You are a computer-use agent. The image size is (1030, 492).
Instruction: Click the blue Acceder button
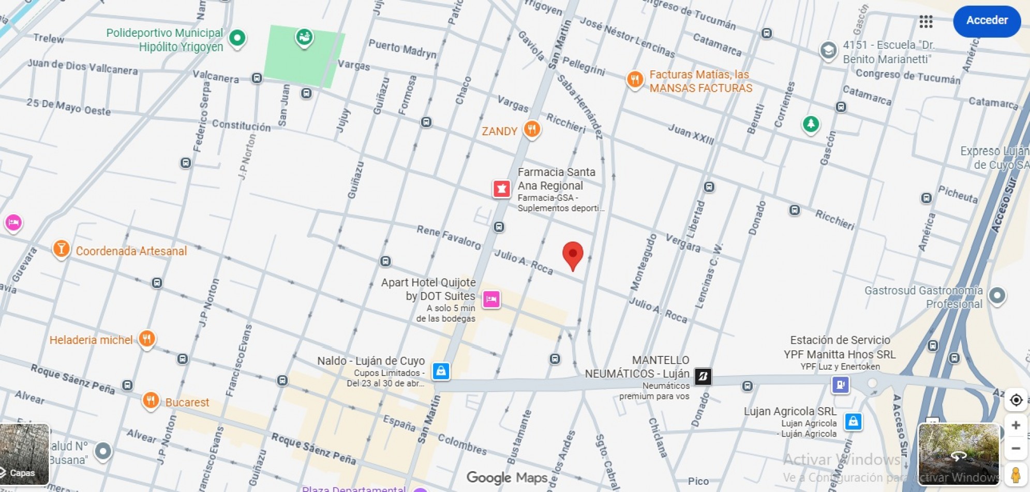tap(987, 21)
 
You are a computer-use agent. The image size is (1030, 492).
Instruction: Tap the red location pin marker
tap(573, 254)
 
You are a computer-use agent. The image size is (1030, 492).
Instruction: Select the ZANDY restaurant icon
tap(532, 129)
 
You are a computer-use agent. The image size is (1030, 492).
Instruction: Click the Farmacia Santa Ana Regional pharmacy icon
tap(501, 189)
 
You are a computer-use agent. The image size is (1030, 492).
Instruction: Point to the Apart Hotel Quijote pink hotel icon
tap(491, 299)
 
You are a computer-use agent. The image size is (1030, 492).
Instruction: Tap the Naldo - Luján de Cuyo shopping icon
tap(441, 371)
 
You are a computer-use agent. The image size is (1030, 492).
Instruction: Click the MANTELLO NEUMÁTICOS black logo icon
tap(703, 377)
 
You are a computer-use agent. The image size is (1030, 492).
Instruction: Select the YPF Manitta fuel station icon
tap(840, 385)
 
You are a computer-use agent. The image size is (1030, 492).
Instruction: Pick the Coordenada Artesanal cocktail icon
tap(61, 249)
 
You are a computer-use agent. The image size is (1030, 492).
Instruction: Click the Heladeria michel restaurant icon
tap(147, 339)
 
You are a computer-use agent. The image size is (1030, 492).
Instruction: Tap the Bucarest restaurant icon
tap(151, 400)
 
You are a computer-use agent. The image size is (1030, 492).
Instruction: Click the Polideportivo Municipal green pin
tap(237, 38)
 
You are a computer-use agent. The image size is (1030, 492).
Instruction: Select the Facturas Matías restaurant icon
tap(635, 80)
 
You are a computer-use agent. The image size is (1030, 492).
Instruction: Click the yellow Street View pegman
tap(1016, 474)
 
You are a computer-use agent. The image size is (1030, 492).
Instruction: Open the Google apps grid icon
tap(926, 21)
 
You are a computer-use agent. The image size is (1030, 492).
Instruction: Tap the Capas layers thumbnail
tap(24, 454)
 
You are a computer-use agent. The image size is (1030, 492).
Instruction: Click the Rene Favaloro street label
tap(449, 237)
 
